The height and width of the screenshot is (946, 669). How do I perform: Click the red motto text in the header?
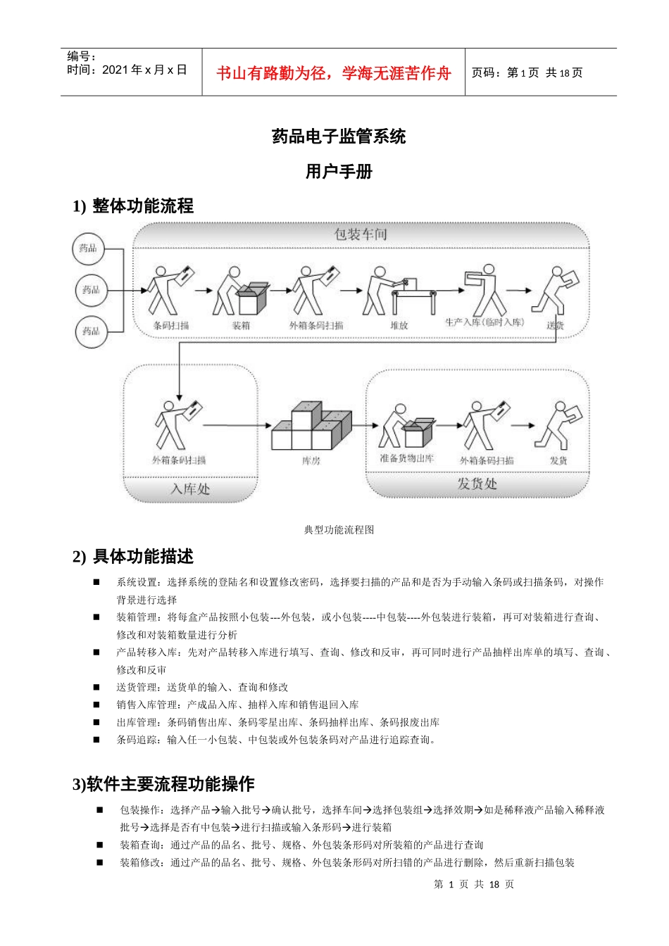click(x=333, y=73)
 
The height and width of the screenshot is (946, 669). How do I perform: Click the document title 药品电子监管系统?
click(x=339, y=137)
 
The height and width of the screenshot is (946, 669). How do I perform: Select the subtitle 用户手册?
click(x=339, y=171)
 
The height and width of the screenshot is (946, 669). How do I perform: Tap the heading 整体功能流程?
click(x=142, y=206)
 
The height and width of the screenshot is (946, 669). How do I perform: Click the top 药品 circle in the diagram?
click(x=89, y=248)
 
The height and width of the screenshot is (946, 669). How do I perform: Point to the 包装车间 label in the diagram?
click(x=361, y=234)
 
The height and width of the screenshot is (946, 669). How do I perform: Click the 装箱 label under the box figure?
click(x=241, y=326)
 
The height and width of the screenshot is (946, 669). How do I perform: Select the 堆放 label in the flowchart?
click(x=399, y=325)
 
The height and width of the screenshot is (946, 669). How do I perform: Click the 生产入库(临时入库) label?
click(x=484, y=322)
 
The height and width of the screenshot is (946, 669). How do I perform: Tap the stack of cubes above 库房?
click(x=311, y=427)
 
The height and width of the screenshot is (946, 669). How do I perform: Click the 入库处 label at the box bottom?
click(x=190, y=488)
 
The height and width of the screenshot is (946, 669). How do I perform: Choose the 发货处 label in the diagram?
click(x=477, y=484)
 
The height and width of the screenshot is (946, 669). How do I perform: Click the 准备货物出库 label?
click(x=406, y=459)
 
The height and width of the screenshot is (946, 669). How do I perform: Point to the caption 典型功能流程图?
click(x=339, y=530)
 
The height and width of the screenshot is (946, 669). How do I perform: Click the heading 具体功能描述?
click(x=143, y=557)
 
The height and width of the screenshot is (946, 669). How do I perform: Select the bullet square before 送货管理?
click(x=96, y=687)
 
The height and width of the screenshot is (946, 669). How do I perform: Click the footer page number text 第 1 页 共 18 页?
click(x=474, y=884)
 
